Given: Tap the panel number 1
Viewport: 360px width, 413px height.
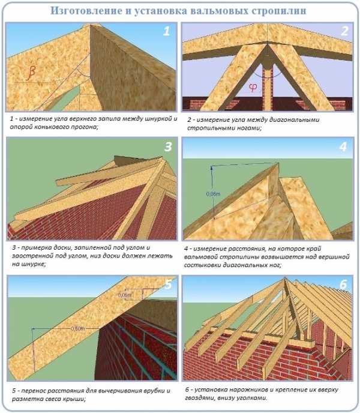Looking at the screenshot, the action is tap(166, 31).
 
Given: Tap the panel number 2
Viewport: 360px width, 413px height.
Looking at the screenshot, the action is tap(344, 31).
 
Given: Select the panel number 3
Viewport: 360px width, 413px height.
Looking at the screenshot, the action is tap(168, 146).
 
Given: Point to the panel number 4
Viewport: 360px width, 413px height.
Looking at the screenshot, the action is tap(343, 146).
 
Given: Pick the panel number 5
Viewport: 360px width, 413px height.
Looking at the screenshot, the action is tap(168, 284).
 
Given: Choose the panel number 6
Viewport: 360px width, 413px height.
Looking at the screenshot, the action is tap(343, 284).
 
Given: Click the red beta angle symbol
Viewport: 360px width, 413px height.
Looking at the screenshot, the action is tap(31, 71).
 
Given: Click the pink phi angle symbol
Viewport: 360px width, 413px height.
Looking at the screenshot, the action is tap(253, 88).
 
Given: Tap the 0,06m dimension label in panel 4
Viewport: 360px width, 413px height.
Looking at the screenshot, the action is tap(213, 194).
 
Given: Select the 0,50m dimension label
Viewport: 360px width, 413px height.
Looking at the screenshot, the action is tap(78, 329).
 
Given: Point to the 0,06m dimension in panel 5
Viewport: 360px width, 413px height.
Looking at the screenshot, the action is tap(124, 295).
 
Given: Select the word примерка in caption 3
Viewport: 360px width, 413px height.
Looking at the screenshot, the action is tap(37, 248).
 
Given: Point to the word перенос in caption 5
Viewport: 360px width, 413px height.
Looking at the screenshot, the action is tap(34, 391).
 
